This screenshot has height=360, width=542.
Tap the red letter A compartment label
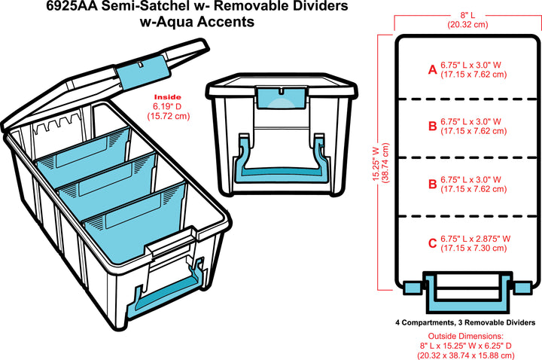tap(432, 69)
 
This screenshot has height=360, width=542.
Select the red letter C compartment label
tap(432, 243)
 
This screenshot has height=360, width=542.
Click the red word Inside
tap(167, 97)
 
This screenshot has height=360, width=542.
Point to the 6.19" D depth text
tap(168, 107)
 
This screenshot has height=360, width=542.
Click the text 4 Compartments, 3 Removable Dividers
tap(465, 322)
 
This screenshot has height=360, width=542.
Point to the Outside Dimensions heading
tap(465, 336)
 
